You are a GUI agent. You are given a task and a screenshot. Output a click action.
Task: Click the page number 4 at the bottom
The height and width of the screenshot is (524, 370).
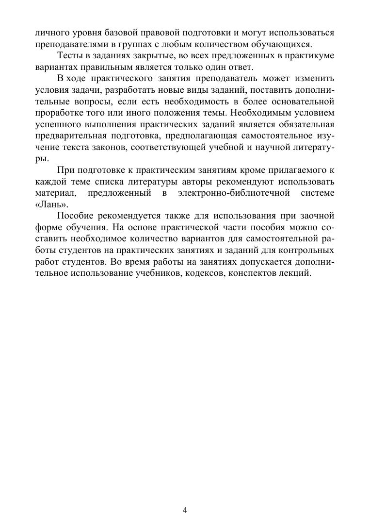click(185, 510)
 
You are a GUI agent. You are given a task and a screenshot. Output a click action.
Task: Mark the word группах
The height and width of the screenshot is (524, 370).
click(125, 44)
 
